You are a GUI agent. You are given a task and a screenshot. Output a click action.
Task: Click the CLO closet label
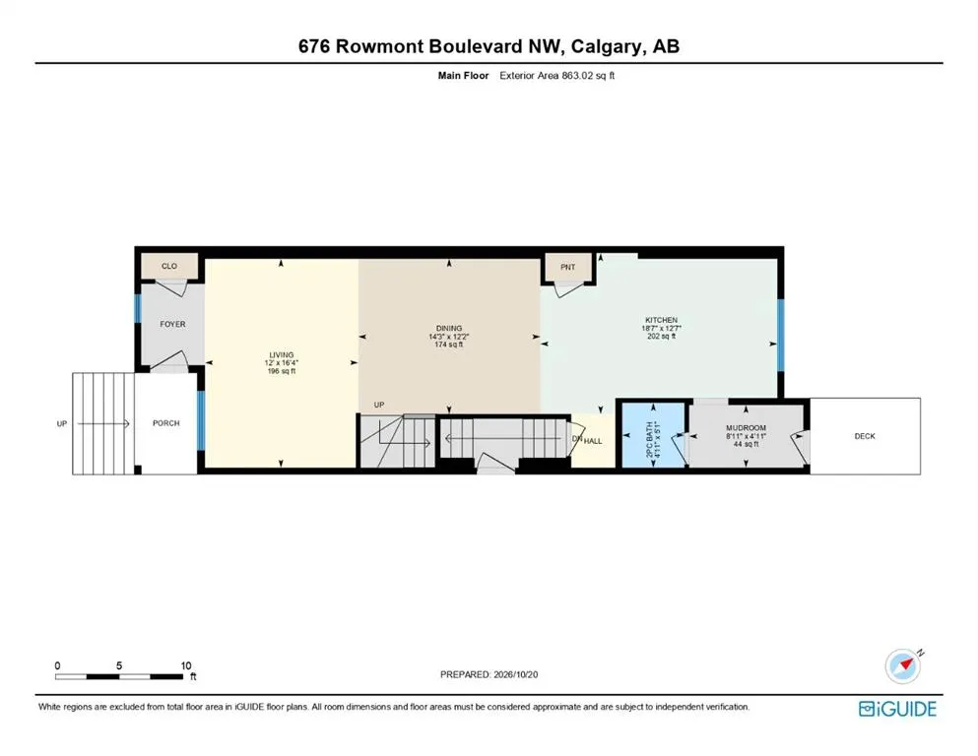pyautogui.click(x=169, y=266)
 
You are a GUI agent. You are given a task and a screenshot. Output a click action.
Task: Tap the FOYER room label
pyautogui.click(x=172, y=324)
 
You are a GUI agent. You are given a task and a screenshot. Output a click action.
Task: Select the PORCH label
pyautogui.click(x=165, y=423)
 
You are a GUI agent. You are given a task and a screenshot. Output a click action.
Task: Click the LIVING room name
pyautogui.click(x=282, y=355)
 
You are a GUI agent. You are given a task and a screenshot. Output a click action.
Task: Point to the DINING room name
pyautogui.click(x=449, y=329)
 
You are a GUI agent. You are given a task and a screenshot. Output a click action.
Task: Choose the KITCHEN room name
pyautogui.click(x=661, y=320)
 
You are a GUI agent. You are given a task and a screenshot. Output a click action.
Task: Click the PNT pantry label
pyautogui.click(x=567, y=268)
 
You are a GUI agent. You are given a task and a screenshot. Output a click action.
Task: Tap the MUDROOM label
pyautogui.click(x=746, y=428)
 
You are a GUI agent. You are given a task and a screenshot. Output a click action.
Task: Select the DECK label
pyautogui.click(x=865, y=436)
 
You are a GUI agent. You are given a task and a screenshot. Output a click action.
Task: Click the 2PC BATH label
pyautogui.click(x=649, y=441)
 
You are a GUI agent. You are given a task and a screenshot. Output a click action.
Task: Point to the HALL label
pyautogui.click(x=593, y=441)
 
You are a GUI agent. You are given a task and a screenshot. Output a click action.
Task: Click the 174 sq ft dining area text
pyautogui.click(x=449, y=345)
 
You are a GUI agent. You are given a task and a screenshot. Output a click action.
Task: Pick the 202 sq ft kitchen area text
pyautogui.click(x=661, y=337)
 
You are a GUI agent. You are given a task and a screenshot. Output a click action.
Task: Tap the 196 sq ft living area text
pyautogui.click(x=282, y=371)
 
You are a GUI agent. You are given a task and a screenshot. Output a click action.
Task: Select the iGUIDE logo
pyautogui.click(x=897, y=709)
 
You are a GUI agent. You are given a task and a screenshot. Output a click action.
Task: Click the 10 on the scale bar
pyautogui.click(x=186, y=665)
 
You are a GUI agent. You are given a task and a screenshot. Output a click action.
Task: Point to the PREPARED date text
pyautogui.click(x=489, y=674)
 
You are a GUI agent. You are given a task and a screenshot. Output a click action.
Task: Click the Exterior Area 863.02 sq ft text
pyautogui.click(x=557, y=76)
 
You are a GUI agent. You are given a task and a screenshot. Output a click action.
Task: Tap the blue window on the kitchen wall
pyautogui.click(x=780, y=336)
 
